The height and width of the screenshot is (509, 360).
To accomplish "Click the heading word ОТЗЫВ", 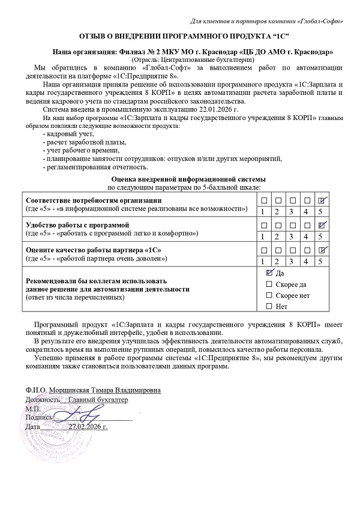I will tap(92, 37).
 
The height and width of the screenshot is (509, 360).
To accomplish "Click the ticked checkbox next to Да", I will tap(269, 273).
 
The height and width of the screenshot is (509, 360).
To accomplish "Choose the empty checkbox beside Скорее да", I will tap(269, 284).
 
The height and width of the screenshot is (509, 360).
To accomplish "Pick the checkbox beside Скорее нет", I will tap(269, 295).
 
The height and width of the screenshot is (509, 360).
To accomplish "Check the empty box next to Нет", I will tap(269, 307).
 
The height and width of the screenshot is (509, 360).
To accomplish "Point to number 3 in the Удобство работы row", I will tap(292, 236).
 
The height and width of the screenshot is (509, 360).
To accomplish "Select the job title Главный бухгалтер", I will tap(98, 400).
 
